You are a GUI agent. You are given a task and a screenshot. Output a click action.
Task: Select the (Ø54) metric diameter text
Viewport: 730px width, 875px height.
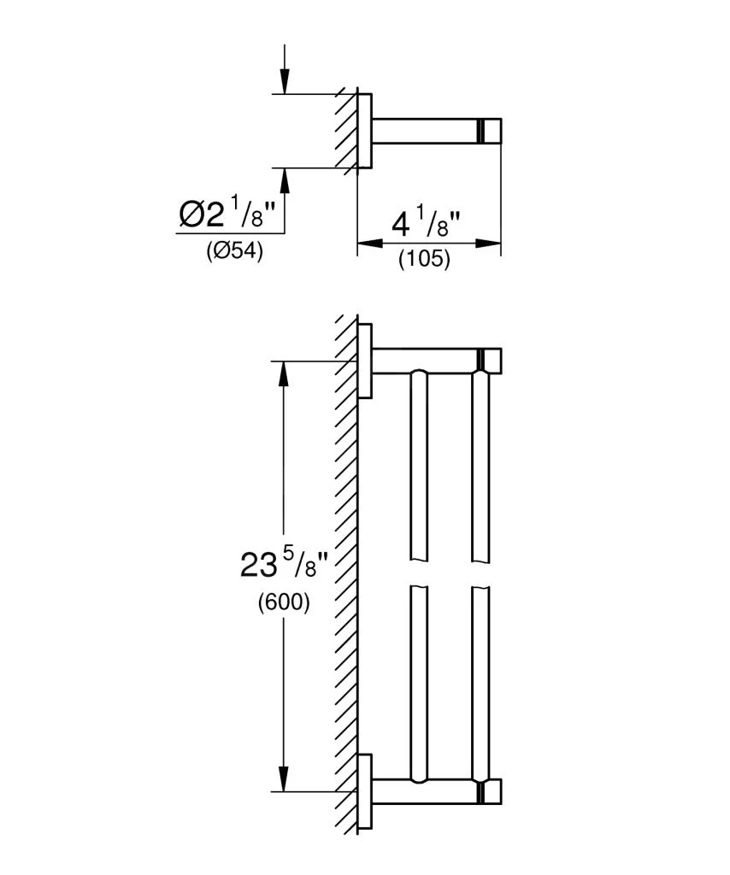(x=233, y=252)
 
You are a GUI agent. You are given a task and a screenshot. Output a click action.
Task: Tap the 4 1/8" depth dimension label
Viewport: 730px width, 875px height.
(x=426, y=225)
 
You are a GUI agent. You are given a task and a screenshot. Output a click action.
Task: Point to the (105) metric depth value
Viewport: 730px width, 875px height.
(x=424, y=259)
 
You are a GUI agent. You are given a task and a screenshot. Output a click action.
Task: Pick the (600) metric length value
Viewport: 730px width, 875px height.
(x=283, y=602)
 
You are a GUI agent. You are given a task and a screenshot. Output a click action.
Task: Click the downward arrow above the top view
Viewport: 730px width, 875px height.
(x=285, y=81)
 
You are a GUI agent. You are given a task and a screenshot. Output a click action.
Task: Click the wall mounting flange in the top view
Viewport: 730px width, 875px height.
(x=364, y=131)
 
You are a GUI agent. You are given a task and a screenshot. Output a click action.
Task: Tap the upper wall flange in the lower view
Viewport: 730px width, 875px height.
(x=365, y=361)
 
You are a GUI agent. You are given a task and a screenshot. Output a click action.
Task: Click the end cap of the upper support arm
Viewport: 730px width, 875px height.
(x=491, y=361)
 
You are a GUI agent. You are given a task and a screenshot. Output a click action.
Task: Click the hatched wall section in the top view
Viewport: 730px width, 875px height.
(x=345, y=131)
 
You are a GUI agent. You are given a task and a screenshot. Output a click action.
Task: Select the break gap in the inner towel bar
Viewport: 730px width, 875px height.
(x=420, y=573)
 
